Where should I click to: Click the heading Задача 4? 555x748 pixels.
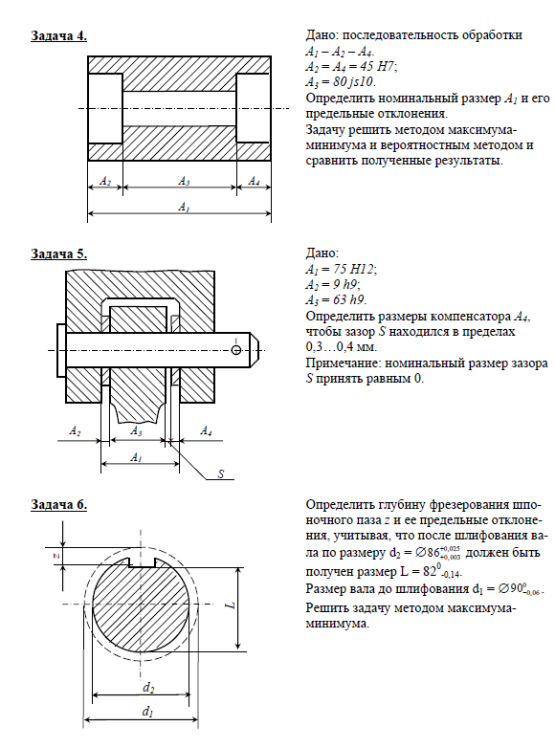(x=58, y=35)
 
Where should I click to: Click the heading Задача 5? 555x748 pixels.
(x=58, y=253)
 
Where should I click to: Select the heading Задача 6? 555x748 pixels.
(x=58, y=504)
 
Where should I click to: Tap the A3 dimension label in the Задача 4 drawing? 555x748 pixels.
(x=185, y=181)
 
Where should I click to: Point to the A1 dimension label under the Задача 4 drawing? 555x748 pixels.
(x=185, y=207)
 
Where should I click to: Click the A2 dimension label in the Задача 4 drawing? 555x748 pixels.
(x=105, y=181)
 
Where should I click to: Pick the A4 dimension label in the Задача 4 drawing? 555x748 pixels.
(x=254, y=181)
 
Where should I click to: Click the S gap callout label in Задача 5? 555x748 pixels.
(x=221, y=473)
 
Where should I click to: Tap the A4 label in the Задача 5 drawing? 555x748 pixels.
(x=206, y=431)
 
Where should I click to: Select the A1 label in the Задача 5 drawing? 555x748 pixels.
(x=136, y=457)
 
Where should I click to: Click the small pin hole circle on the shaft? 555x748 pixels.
(x=235, y=350)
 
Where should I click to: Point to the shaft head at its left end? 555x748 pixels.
(x=61, y=351)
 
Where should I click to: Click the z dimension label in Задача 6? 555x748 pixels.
(x=55, y=556)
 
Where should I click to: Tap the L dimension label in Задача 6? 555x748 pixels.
(x=232, y=605)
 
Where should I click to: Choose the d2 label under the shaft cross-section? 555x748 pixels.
(x=148, y=688)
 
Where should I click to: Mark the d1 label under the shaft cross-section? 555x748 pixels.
(x=147, y=713)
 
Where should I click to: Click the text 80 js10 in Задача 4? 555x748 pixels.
(x=354, y=81)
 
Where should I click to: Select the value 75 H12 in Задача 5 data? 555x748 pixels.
(x=354, y=269)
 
